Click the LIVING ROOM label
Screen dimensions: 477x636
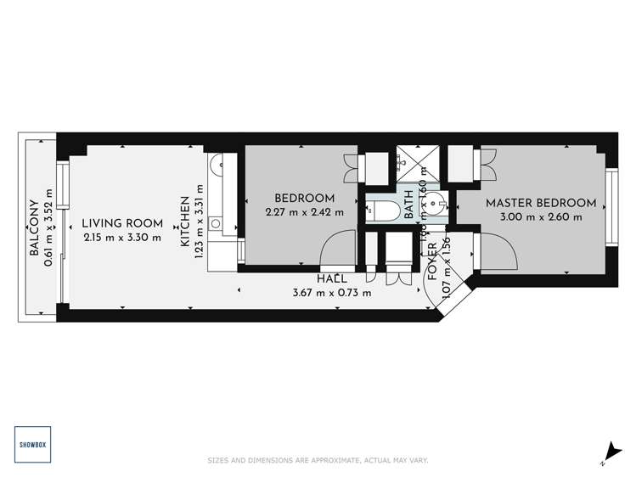tap(122, 224)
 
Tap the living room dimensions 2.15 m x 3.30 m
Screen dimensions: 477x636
tap(122, 238)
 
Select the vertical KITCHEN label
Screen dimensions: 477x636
tap(184, 226)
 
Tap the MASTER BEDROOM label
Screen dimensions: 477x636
tap(540, 203)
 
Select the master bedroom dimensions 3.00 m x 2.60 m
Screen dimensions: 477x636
tap(540, 216)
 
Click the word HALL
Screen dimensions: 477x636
tap(330, 279)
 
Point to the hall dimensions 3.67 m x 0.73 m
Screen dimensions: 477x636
tap(332, 294)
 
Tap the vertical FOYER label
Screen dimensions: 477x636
tap(432, 261)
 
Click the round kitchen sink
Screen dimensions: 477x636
tap(216, 224)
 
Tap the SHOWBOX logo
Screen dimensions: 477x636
tap(33, 444)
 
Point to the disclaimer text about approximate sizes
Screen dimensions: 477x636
tap(318, 461)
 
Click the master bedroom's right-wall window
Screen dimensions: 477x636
tap(610, 207)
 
